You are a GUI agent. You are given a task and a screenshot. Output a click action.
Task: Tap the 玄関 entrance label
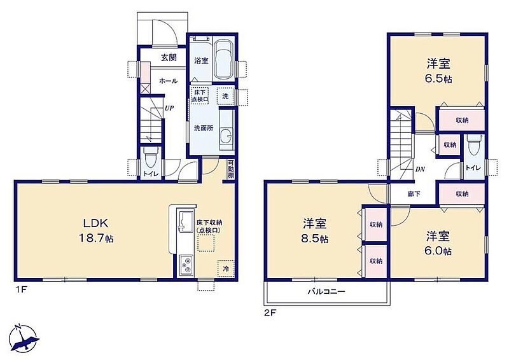169,58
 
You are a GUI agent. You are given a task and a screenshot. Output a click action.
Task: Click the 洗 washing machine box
225,96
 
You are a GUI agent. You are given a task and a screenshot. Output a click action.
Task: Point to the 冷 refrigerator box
226,268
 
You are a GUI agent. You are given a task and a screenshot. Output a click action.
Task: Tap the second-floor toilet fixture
472,146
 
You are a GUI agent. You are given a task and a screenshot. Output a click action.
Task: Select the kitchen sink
185,221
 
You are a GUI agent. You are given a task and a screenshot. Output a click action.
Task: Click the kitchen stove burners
186,265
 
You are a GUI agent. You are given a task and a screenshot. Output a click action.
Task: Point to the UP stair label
169,108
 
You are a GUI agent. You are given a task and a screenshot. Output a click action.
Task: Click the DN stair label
420,169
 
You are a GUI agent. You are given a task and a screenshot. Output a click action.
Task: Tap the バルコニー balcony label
326,291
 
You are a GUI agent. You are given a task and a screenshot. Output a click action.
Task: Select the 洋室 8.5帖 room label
314,231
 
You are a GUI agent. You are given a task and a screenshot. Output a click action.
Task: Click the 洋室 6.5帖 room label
438,71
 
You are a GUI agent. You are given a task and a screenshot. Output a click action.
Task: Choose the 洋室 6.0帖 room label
438,243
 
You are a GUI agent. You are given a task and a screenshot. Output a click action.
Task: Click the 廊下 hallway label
414,194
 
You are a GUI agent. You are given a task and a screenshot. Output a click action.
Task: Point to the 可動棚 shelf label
230,169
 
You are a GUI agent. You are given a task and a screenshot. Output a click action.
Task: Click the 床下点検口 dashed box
200,96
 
